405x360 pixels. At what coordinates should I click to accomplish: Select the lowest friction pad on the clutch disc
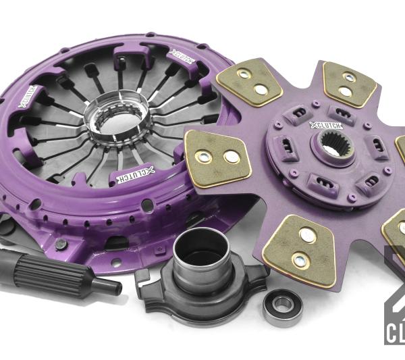point(300,248)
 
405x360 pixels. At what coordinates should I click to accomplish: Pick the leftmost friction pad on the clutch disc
point(216,155)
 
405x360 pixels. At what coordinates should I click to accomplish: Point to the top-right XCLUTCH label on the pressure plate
point(182,57)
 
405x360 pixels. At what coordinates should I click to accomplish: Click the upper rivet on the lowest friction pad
point(306,236)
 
